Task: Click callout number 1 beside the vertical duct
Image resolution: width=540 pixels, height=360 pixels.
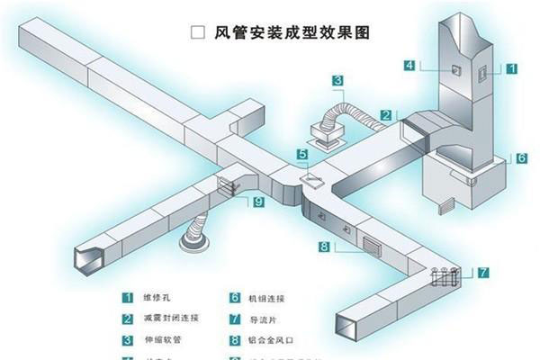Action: [x=510, y=67]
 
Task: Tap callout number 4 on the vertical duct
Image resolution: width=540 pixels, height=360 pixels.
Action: [x=409, y=65]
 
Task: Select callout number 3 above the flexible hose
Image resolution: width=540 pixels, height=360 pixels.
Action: [x=337, y=81]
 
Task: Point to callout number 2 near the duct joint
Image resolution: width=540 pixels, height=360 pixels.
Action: [x=385, y=114]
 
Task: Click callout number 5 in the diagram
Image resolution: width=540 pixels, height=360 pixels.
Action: [x=301, y=155]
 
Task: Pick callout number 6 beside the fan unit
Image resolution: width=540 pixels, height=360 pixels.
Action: [x=521, y=157]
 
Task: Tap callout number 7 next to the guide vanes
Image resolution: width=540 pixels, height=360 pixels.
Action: [x=483, y=271]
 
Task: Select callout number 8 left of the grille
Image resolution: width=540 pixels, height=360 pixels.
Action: [x=323, y=246]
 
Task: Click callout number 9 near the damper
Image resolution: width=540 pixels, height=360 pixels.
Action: [x=258, y=202]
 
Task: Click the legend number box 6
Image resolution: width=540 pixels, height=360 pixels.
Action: [x=235, y=297]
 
